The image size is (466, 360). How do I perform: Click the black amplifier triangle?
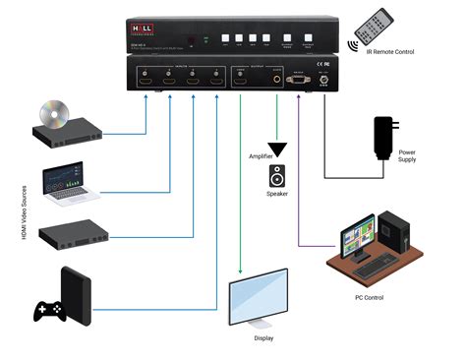pyautogui.click(x=278, y=150)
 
